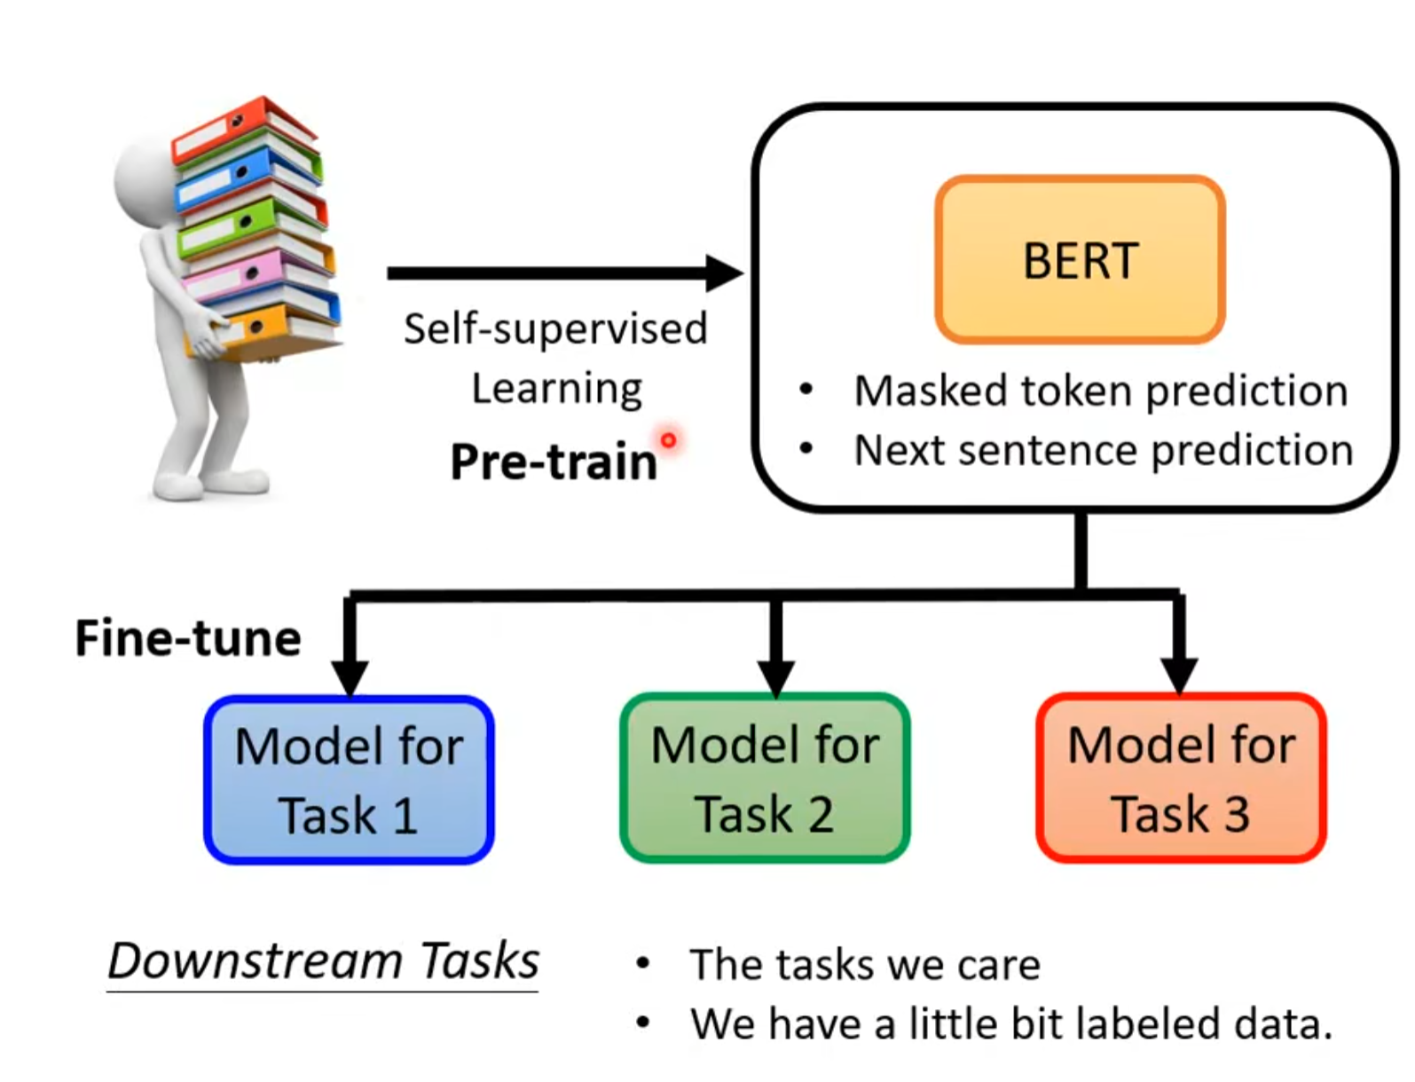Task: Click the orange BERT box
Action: tap(1080, 259)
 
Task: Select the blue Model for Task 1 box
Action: tap(349, 779)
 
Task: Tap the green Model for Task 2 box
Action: tap(765, 778)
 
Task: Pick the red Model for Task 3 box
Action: tap(1181, 778)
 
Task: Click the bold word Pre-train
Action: tap(554, 462)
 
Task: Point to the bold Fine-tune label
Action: tap(188, 638)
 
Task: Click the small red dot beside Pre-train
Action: tap(668, 439)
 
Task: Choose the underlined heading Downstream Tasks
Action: tap(323, 961)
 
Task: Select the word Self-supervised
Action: tap(555, 328)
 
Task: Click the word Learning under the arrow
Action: tap(556, 389)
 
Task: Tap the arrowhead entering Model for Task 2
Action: tap(776, 677)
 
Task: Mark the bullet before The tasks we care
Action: tap(643, 963)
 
